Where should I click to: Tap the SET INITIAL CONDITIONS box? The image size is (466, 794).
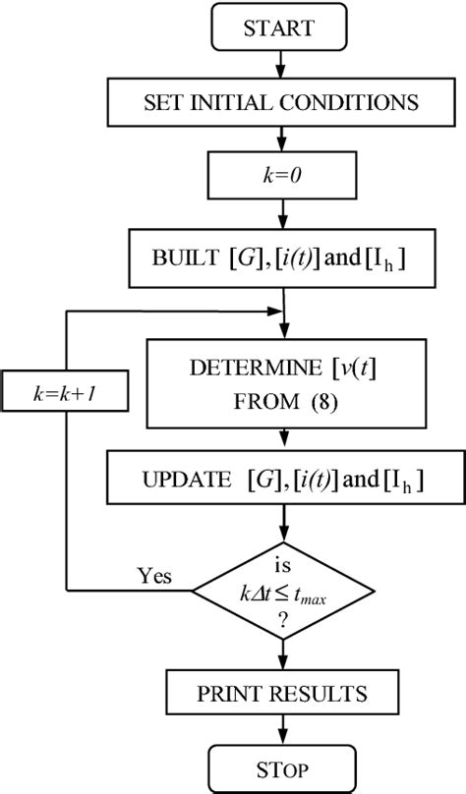tap(282, 101)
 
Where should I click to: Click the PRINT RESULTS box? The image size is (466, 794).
tap(282, 694)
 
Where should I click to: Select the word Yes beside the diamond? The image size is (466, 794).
tap(155, 576)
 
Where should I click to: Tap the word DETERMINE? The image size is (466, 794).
tap(247, 371)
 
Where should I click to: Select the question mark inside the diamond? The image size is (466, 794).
tap(282, 619)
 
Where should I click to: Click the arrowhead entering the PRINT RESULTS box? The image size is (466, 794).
tap(282, 665)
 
